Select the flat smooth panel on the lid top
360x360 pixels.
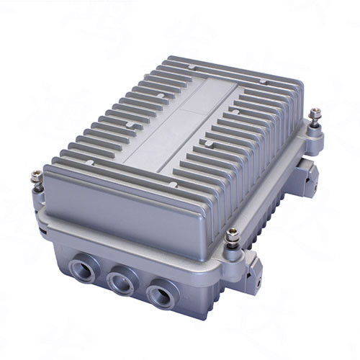click(x=180, y=122)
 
